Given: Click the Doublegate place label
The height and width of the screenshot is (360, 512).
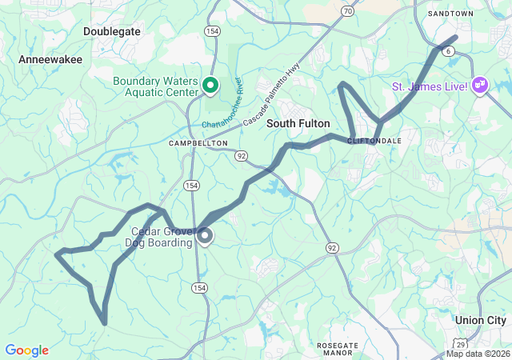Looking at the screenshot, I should point(111,31).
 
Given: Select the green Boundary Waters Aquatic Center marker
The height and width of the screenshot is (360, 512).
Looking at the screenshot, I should point(210,84).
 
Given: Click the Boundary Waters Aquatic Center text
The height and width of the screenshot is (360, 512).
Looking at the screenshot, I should point(155,87).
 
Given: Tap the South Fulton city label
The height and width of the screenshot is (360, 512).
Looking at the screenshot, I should point(298,123).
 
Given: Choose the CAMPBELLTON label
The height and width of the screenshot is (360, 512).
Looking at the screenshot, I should point(198,142).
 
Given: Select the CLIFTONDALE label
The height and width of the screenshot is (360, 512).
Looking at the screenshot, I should point(374,140).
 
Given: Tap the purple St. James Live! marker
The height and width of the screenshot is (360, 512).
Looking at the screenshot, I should point(480,85).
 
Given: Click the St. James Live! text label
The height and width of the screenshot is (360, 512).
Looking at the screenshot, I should point(429,86).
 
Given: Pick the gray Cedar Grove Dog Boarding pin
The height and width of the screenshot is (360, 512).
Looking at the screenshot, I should point(205,235).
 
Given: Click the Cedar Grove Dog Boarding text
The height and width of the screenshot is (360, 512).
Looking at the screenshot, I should point(162,238).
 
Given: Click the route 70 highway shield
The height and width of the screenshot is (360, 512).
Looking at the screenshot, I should point(346,11).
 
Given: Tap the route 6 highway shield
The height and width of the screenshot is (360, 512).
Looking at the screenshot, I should point(449,50).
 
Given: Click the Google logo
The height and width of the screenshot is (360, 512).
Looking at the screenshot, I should point(26,350).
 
